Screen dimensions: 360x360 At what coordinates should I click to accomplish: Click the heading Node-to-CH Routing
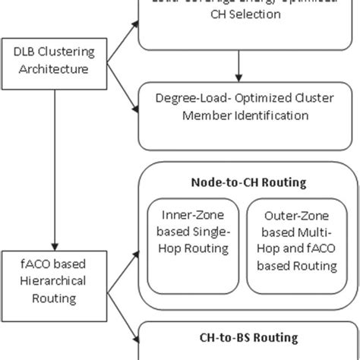[248, 183]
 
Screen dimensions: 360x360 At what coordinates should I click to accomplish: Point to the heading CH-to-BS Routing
[248, 338]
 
